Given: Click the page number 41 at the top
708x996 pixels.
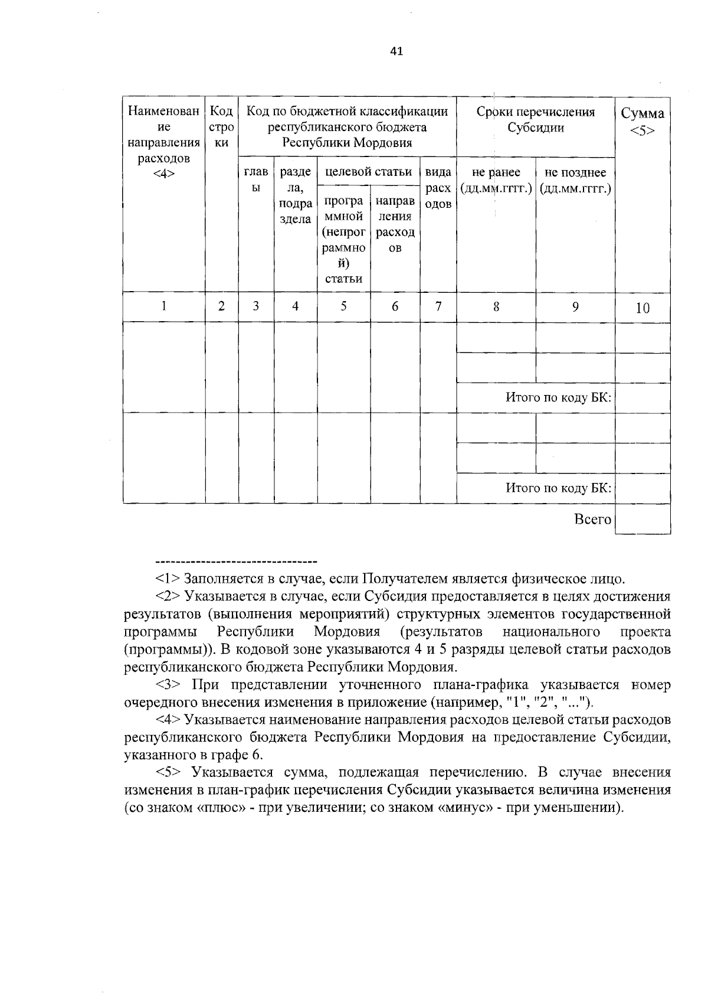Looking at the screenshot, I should [396, 51].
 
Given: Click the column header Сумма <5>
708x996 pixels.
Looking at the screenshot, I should [643, 121].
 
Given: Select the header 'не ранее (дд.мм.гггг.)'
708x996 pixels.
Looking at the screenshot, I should [496, 180].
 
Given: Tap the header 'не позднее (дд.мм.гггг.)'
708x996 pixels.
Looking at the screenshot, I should [575, 180].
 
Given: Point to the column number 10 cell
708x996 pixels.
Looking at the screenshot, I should [643, 308].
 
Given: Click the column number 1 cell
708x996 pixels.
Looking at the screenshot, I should [163, 306].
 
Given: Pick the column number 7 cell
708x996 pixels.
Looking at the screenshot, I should [438, 306].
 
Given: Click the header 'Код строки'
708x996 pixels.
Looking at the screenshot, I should [221, 127].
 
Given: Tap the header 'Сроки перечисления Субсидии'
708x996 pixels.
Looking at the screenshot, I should [536, 120].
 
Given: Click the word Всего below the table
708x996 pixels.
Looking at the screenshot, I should [592, 519].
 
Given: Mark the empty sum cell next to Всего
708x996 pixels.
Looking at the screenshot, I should [643, 519].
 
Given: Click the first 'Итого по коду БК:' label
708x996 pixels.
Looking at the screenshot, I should [558, 397].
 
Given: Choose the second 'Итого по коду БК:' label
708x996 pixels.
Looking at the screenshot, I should [558, 488].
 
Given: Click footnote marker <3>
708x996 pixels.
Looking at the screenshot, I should [168, 685].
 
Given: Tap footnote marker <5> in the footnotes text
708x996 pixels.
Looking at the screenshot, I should [168, 772].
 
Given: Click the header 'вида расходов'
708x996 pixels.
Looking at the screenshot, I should [438, 188].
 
